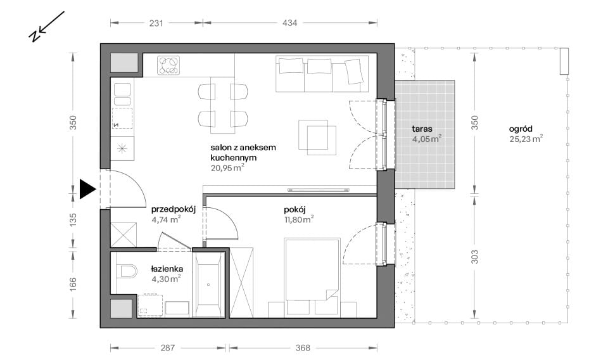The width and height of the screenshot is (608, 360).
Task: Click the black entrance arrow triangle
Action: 87,190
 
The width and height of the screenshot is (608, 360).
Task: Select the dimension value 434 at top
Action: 289,23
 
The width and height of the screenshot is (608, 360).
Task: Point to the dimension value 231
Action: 156,23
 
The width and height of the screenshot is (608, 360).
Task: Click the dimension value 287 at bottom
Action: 167,348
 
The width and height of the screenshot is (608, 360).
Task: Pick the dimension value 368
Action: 303,348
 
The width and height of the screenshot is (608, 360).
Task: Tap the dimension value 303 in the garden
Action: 474,257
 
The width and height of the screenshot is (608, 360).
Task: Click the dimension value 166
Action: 73,285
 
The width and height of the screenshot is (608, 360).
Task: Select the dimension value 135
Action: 73,220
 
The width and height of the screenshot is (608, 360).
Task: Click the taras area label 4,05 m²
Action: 426,139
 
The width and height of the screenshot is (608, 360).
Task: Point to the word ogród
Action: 521,129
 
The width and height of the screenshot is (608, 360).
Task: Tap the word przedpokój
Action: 174,210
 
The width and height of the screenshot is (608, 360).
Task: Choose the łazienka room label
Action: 167,269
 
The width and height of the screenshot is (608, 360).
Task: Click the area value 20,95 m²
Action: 227,167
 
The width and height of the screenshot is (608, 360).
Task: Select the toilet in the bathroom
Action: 127,271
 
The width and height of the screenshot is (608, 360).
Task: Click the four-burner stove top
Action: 168,65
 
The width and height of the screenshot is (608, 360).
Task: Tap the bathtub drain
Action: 208,285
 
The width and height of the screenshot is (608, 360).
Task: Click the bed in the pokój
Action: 312,269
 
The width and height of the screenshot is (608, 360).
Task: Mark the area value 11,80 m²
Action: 298,219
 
